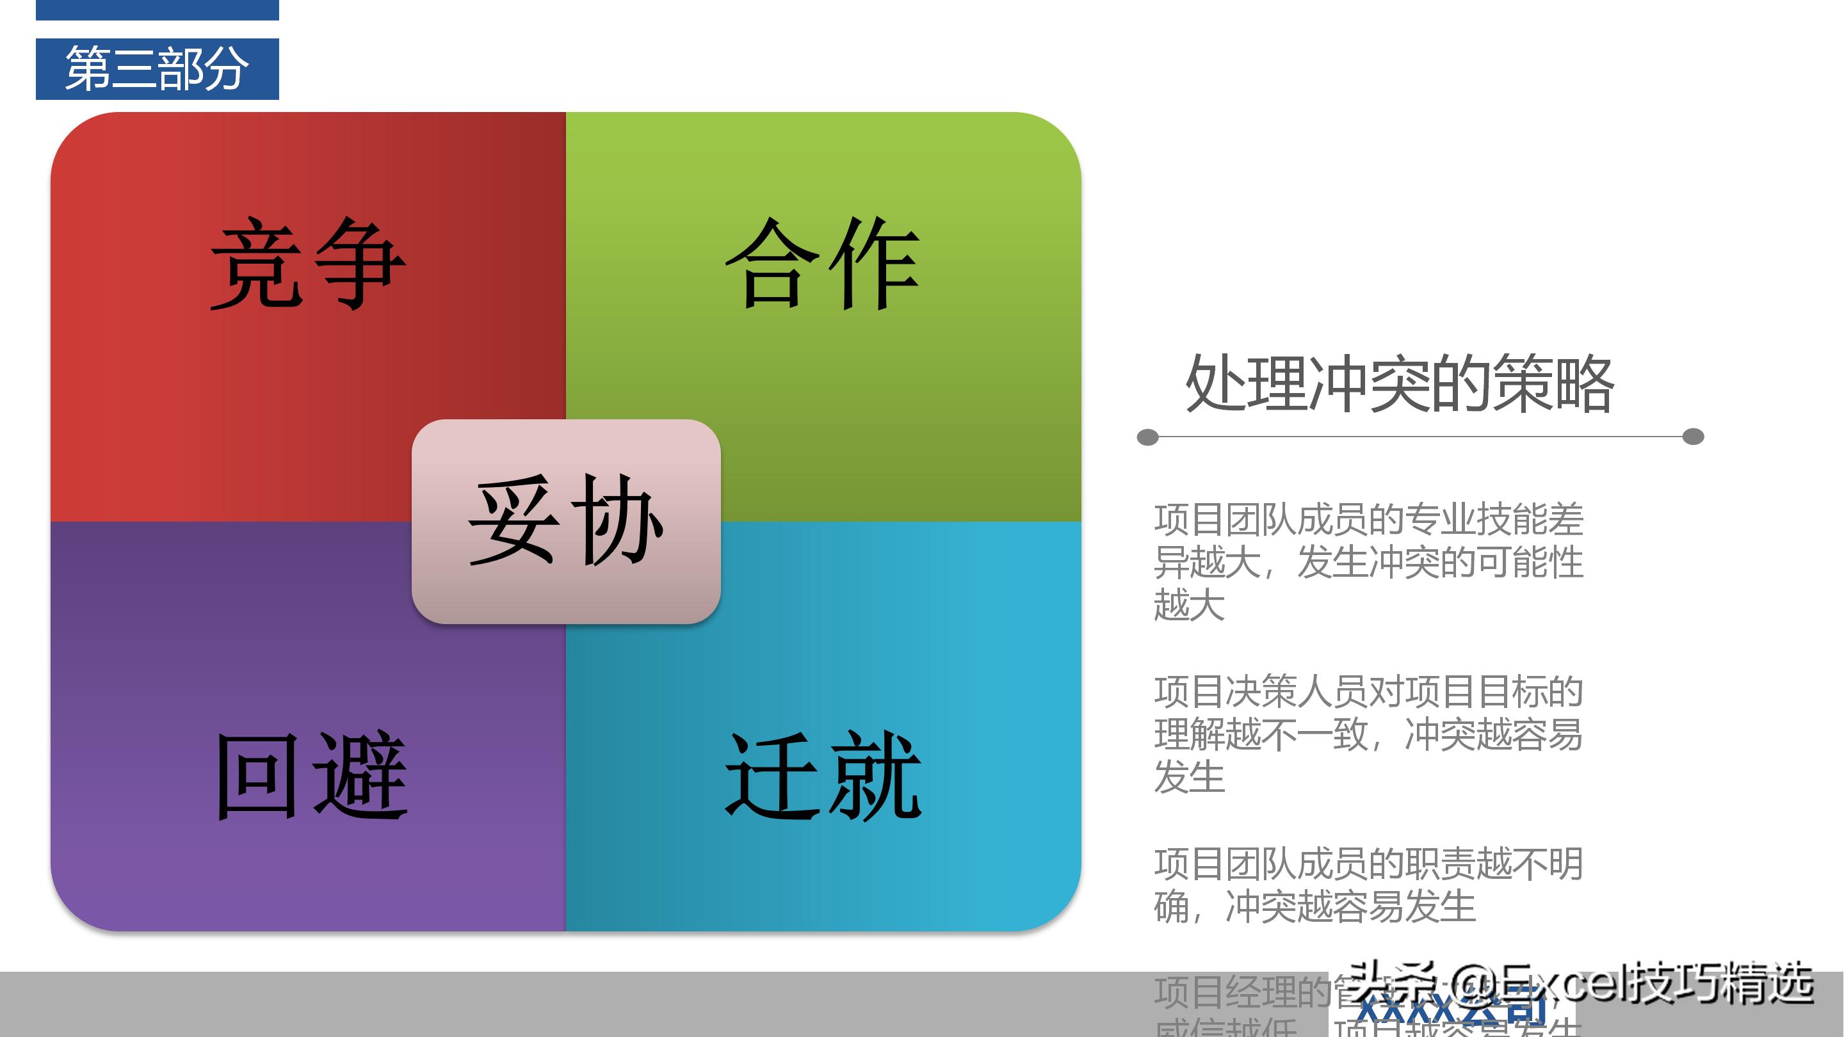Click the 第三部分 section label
(157, 68)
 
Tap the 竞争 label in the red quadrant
(308, 263)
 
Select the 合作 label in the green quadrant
(823, 263)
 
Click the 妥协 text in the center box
(565, 520)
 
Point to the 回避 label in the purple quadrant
(312, 776)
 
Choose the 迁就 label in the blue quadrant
(823, 776)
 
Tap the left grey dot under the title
(1147, 437)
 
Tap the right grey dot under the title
(1693, 437)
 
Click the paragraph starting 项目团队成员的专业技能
(1367, 562)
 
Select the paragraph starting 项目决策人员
(1367, 734)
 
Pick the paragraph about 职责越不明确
(1367, 885)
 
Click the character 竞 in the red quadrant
(255, 263)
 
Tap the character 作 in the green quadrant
(874, 263)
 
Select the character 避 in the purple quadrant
(362, 776)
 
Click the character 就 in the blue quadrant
(874, 776)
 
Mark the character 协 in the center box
(617, 520)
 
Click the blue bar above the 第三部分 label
(157, 10)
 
